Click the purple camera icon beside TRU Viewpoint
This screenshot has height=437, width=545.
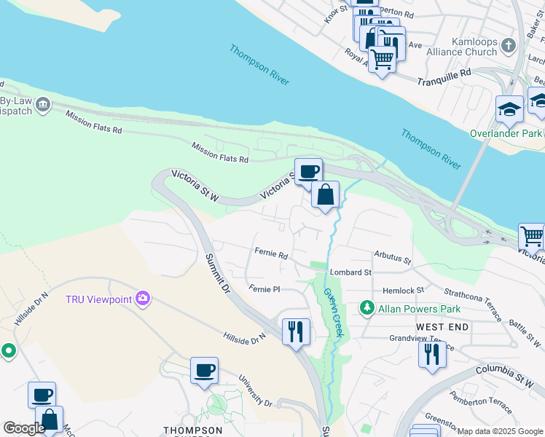point(144,299)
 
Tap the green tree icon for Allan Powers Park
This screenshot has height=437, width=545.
point(369,309)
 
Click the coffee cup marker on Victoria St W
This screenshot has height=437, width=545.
point(308,171)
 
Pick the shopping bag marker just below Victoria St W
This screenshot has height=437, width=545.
point(326,194)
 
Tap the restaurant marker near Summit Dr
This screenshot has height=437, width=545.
point(296,331)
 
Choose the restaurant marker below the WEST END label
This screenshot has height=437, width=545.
point(432,354)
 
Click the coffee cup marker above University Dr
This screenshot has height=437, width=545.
point(203,370)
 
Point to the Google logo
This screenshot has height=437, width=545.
point(24,428)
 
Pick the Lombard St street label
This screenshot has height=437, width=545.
point(350,272)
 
